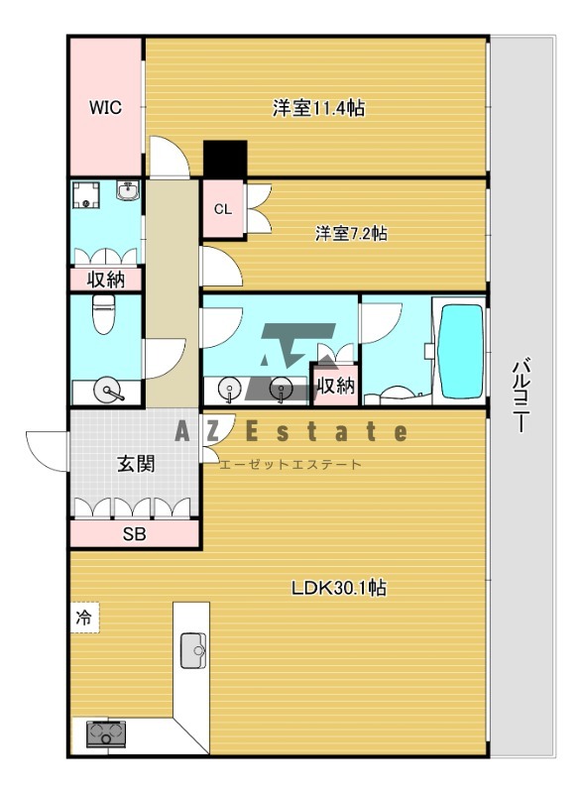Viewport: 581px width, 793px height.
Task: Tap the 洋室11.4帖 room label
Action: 318,108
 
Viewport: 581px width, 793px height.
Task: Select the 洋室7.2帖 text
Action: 351,234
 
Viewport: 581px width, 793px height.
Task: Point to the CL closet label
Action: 223,209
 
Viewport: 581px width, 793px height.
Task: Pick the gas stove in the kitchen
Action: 103,735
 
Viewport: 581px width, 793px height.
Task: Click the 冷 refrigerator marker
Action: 84,617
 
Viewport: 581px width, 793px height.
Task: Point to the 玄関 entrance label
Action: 135,463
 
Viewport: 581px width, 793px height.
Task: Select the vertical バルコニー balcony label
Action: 519,396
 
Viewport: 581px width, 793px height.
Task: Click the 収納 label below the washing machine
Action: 106,280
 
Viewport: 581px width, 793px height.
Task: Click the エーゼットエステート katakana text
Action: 290,464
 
